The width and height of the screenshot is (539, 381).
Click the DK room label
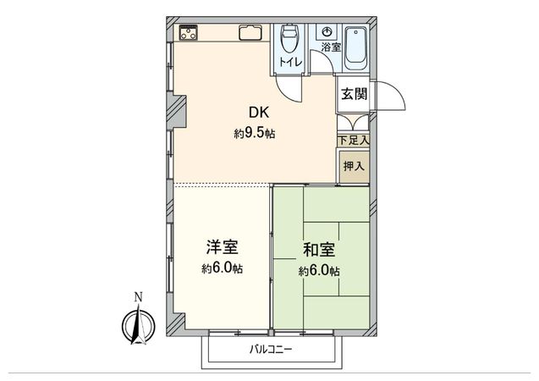(259, 112)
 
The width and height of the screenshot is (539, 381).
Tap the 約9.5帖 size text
(255, 134)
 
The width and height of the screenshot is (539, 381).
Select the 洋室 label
(223, 248)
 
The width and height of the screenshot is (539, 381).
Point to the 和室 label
(318, 250)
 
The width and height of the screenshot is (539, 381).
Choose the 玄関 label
(354, 94)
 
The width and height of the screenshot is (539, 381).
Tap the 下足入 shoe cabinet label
(354, 139)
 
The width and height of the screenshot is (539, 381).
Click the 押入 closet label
(354, 167)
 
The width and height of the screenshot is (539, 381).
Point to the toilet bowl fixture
(289, 39)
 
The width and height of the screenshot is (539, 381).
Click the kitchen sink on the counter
(251, 34)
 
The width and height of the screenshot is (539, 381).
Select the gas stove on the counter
(188, 34)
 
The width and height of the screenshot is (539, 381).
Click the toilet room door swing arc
(288, 87)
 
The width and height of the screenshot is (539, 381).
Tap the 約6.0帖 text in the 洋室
(223, 269)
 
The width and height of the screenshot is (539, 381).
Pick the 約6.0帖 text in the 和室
(318, 271)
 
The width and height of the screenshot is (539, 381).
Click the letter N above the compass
(138, 297)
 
